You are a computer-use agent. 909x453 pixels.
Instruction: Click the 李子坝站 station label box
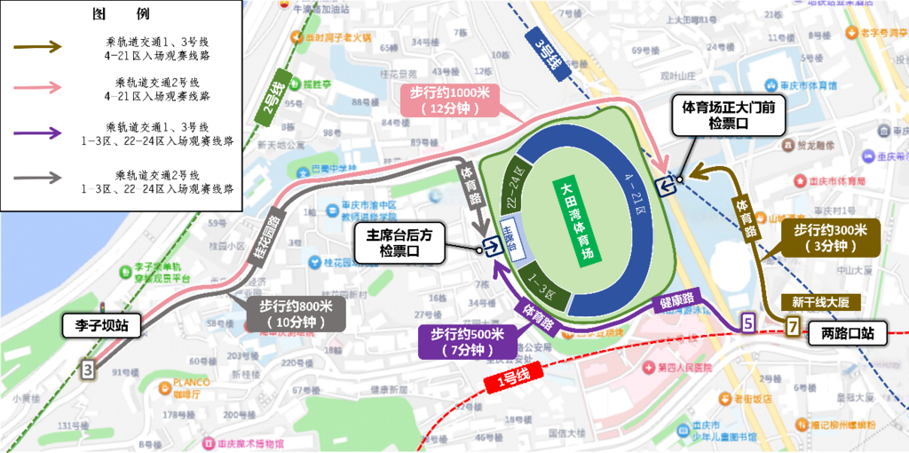click(101, 326)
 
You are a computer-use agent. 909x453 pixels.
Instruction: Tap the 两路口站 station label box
click(848, 334)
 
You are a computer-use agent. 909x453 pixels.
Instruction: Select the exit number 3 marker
click(87, 369)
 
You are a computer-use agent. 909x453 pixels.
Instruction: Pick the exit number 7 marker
click(791, 326)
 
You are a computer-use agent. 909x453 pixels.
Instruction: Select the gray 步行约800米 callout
click(295, 314)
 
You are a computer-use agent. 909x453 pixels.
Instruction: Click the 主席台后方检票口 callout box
click(399, 242)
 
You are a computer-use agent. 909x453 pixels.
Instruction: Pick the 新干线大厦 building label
click(820, 300)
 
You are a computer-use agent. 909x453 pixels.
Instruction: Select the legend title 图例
click(122, 15)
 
